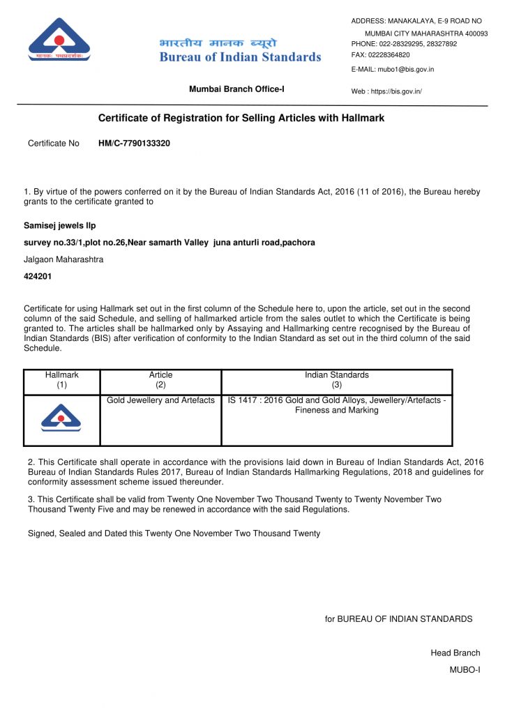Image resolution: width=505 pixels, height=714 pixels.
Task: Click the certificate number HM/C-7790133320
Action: coord(134,144)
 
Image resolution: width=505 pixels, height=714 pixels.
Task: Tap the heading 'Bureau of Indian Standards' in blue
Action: coord(240,57)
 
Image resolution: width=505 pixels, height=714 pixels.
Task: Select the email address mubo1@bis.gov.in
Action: coord(406,70)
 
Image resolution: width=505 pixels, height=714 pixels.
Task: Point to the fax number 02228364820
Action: coord(389,54)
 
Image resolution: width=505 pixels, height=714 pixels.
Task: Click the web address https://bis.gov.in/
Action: coord(396,91)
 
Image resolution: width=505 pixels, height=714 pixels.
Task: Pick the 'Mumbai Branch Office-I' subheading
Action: coord(236,89)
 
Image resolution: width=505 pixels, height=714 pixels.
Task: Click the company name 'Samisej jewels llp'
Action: coord(60,226)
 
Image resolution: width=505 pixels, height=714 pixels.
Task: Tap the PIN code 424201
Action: coord(38,276)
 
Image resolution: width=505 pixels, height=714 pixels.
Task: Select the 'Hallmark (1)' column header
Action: coord(62,379)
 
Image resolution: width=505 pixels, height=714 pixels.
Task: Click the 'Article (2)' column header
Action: coord(160,379)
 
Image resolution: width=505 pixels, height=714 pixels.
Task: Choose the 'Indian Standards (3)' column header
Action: coord(337,379)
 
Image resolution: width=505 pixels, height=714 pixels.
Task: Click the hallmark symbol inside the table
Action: coord(61,418)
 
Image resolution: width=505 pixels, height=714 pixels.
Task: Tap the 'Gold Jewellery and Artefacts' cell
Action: coord(160,400)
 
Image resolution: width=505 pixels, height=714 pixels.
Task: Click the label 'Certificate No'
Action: coord(54,144)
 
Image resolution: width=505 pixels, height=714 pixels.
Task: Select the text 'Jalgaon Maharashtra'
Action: coord(64,259)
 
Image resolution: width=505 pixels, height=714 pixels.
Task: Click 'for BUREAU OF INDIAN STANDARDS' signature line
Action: coord(398,618)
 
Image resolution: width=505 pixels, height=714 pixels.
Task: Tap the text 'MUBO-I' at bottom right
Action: coord(465,669)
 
